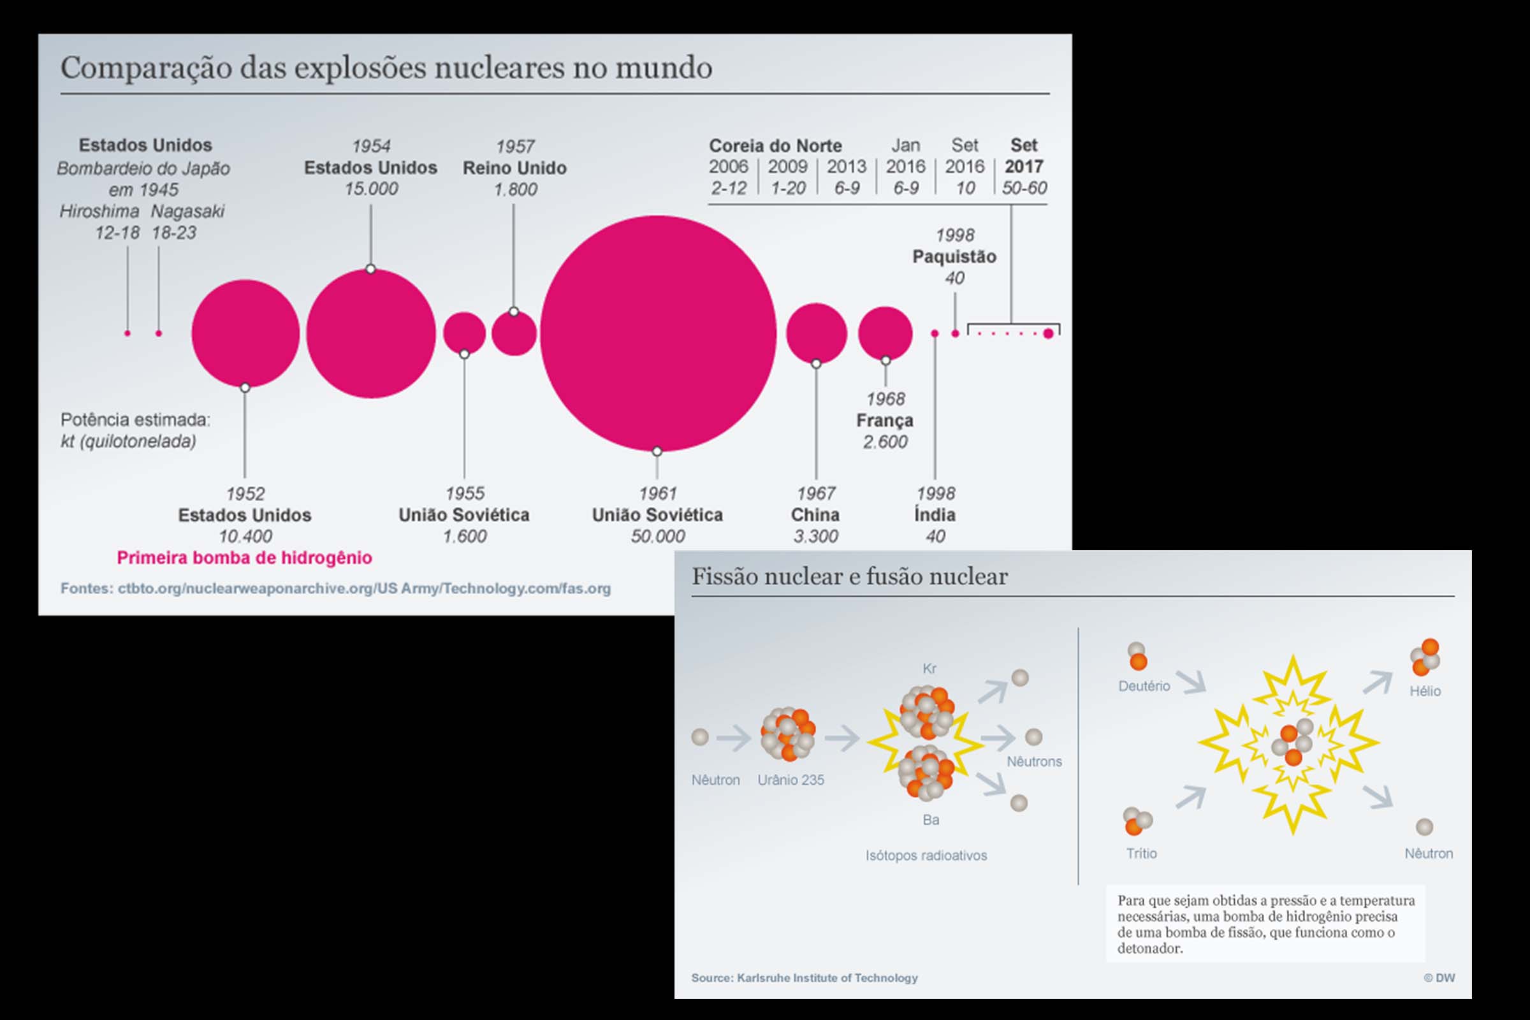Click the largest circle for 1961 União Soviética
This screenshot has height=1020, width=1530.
658,333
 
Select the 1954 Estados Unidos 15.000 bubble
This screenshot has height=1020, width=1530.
371,333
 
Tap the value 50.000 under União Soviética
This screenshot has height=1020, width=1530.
658,537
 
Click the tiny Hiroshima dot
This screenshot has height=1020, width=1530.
127,333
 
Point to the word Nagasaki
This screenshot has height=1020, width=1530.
187,212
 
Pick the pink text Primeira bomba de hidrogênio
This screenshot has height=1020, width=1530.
244,557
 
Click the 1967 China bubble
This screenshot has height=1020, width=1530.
817,333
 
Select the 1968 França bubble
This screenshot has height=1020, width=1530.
885,333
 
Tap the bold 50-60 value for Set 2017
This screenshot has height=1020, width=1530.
1024,188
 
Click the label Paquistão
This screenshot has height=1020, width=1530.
954,256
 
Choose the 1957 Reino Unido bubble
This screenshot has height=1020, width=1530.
514,333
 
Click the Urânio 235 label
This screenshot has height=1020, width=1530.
790,780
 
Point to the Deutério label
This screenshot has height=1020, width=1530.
1144,686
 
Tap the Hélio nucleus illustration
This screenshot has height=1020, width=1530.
1425,658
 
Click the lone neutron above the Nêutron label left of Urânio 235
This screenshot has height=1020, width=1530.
700,737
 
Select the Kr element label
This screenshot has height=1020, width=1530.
929,668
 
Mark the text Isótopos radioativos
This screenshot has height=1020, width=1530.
926,856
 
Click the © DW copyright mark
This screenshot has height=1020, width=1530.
1439,978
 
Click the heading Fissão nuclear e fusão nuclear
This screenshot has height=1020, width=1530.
849,576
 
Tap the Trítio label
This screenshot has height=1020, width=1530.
1141,854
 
